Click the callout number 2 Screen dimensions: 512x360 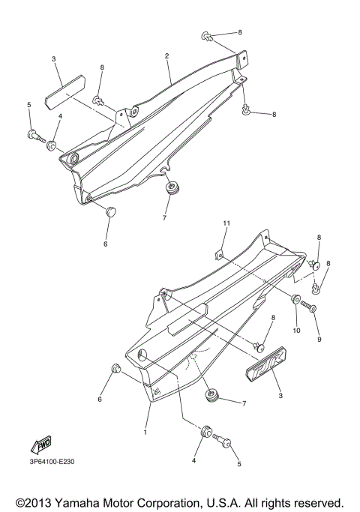(x=166, y=56)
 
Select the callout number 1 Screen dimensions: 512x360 (x=145, y=433)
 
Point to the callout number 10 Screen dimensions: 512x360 (x=296, y=331)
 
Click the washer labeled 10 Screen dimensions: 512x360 (x=295, y=300)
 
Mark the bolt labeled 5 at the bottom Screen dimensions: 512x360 (x=222, y=441)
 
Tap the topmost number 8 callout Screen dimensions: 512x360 (x=239, y=33)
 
